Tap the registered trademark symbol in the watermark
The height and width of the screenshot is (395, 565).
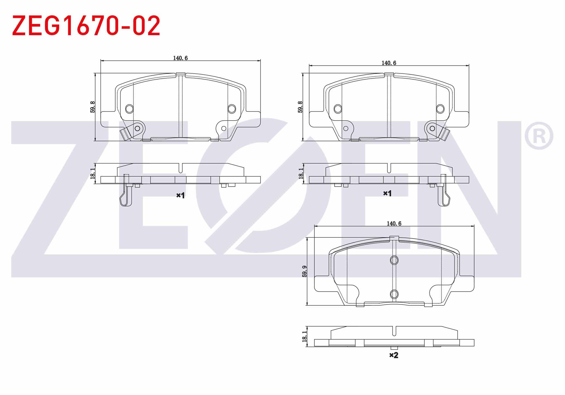[x=539, y=136]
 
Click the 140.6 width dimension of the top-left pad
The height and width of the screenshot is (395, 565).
[x=180, y=58]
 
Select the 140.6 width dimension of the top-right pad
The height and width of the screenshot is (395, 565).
[x=389, y=63]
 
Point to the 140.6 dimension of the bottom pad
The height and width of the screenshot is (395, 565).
[x=394, y=223]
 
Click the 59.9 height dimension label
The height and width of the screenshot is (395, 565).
[x=305, y=271]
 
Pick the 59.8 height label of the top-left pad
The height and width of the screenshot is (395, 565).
[x=93, y=107]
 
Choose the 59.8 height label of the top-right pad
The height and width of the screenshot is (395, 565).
[x=301, y=107]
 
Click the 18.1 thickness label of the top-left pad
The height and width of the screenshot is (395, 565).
[x=93, y=173]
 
